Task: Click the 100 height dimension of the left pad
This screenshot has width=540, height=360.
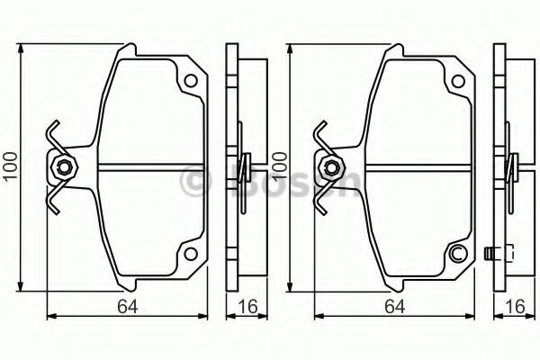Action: [11, 166]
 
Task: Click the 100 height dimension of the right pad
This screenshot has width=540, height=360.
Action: [279, 166]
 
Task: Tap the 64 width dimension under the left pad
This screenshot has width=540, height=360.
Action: [128, 307]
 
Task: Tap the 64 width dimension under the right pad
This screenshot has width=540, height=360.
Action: [395, 307]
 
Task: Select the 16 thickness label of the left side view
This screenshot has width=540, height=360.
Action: [247, 307]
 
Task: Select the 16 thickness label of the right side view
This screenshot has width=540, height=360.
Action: [516, 307]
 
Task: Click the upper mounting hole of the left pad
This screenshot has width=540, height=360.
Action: [191, 81]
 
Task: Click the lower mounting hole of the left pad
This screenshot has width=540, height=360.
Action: [191, 254]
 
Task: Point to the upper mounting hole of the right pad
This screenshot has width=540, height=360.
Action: [458, 81]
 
